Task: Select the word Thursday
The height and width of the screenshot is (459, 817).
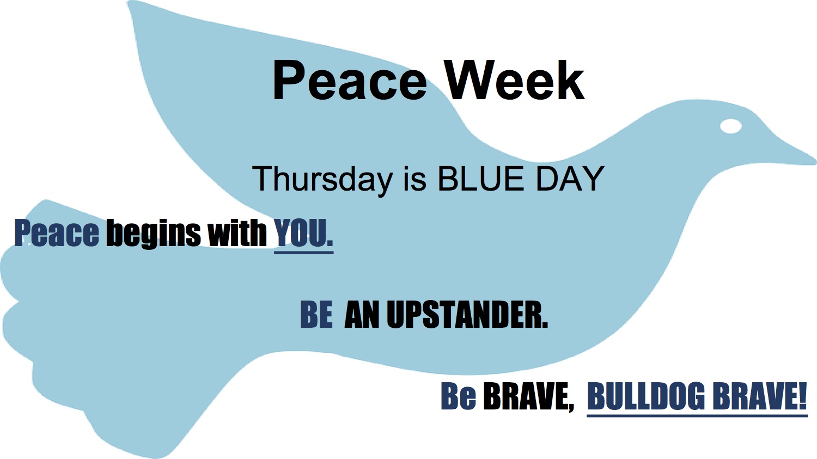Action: coord(322,179)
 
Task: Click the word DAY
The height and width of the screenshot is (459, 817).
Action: coord(569,179)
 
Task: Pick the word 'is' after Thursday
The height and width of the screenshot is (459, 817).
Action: coord(414,179)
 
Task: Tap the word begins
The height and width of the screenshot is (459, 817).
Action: coord(153,234)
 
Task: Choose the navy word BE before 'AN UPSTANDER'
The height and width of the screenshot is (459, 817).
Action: coord(316,314)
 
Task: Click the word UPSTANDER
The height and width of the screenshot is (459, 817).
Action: coord(467,314)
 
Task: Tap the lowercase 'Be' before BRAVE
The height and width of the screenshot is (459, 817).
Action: coord(458,396)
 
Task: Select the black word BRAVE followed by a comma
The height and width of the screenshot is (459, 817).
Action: coord(528,397)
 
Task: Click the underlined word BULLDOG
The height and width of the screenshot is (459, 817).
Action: coord(646,396)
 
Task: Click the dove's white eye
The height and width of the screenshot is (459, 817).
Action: coord(731,126)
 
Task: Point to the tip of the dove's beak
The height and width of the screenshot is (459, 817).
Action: coord(815,161)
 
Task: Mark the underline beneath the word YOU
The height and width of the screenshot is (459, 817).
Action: coord(304,252)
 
